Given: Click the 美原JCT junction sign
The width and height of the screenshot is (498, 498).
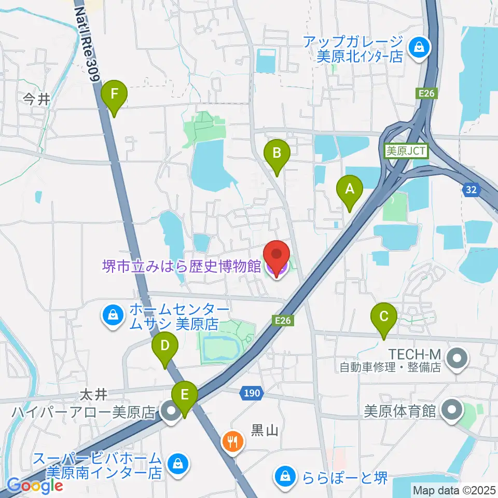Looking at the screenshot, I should pyautogui.click(x=406, y=151).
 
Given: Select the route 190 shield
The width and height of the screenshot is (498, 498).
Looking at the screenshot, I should pyautogui.click(x=251, y=393).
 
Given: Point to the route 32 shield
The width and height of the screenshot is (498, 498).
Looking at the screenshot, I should pyautogui.click(x=471, y=190).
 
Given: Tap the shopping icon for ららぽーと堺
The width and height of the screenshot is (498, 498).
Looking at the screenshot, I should pyautogui.click(x=285, y=476).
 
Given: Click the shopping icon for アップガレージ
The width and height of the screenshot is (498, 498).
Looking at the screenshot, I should pyautogui.click(x=418, y=48).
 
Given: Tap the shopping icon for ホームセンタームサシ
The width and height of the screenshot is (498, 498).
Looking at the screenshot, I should pyautogui.click(x=112, y=314).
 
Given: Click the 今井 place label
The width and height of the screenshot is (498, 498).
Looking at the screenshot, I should pyautogui.click(x=36, y=99).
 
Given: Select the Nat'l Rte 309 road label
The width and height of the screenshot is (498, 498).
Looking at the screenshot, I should pyautogui.click(x=87, y=39).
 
